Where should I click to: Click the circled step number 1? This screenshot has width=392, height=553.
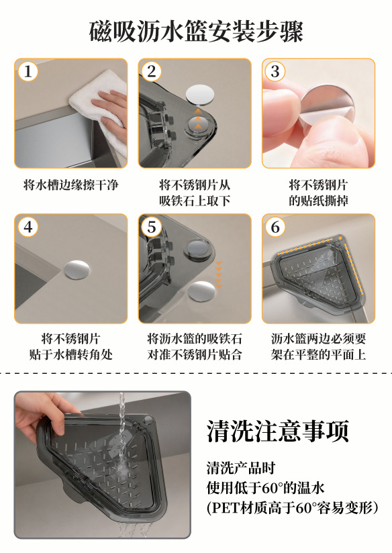tap(28, 71)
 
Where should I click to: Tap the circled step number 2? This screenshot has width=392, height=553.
tap(152, 71)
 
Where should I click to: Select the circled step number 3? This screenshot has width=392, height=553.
tap(275, 71)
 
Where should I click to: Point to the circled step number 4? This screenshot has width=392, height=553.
tap(28, 226)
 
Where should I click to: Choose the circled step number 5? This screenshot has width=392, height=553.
tap(152, 226)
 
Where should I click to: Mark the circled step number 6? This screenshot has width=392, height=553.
tap(275, 226)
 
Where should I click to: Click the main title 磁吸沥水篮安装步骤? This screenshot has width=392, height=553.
tap(196, 32)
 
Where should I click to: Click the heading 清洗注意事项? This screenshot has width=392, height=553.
tap(278, 431)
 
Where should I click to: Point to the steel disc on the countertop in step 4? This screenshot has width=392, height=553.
tap(77, 270)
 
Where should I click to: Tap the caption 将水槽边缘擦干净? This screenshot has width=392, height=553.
tap(71, 185)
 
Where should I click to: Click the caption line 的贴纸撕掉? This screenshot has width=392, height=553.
tap(319, 201)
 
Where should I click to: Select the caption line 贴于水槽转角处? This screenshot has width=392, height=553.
tap(71, 354)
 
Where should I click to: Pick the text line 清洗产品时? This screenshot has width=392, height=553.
tap(240, 468)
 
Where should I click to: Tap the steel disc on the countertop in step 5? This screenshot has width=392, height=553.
tap(201, 291)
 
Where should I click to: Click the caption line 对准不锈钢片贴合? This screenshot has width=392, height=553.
tap(195, 354)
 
